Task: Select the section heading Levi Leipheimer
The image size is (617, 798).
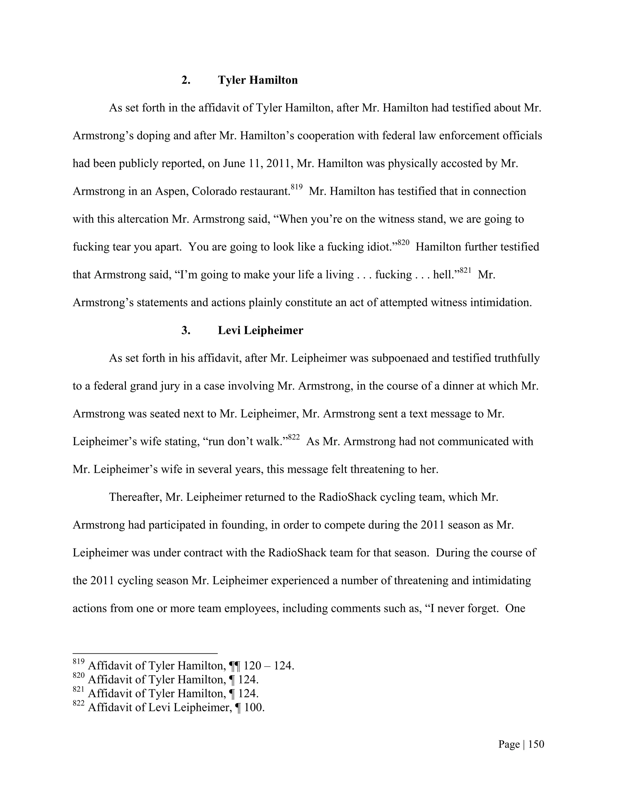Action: point(260,330)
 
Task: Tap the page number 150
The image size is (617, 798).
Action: point(536,744)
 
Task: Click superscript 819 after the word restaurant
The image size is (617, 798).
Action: point(296,187)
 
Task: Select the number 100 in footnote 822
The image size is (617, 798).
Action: point(253,707)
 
